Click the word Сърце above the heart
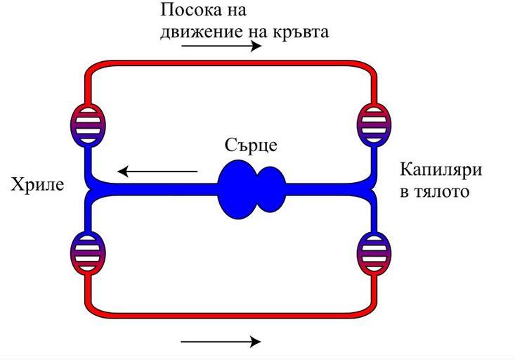pyautogui.click(x=252, y=146)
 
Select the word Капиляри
pyautogui.click(x=441, y=170)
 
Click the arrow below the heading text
pyautogui.click(x=221, y=47)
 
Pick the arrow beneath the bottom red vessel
pyautogui.click(x=221, y=342)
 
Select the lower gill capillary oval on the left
pyautogui.click(x=88, y=251)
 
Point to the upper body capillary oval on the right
pyautogui.click(x=373, y=124)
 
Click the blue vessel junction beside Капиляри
pyautogui.click(x=370, y=188)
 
